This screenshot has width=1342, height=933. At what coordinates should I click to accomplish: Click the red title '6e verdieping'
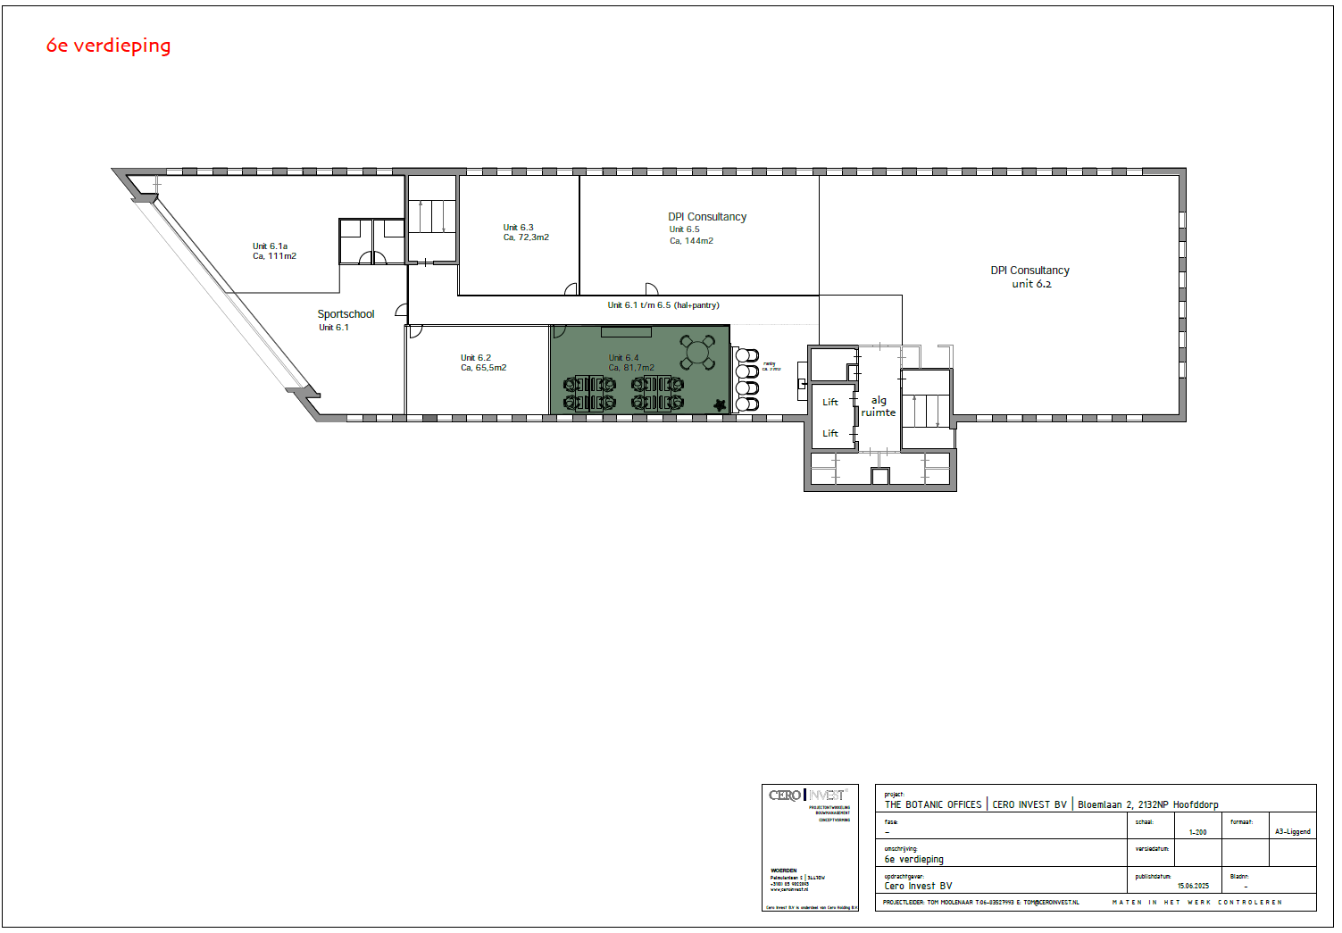(108, 46)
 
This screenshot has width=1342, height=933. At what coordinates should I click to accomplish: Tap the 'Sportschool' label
(346, 314)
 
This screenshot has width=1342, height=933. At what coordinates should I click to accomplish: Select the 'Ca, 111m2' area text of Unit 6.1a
(274, 256)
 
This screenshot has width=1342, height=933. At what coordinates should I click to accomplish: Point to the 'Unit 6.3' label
(518, 228)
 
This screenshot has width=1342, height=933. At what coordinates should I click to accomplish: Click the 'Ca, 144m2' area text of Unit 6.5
(691, 241)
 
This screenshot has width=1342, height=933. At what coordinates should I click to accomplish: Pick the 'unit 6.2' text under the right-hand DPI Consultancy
(1031, 284)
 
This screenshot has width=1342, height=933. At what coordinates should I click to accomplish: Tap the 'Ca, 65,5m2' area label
(483, 368)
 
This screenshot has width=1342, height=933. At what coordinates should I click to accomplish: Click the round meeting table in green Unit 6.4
(697, 351)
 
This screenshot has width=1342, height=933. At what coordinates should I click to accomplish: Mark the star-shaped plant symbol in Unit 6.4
(720, 405)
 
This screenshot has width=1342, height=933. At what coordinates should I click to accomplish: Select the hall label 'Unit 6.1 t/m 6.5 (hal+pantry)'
(663, 305)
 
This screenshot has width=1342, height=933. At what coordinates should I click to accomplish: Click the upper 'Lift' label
(830, 403)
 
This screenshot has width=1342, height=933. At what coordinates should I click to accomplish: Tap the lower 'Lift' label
(830, 434)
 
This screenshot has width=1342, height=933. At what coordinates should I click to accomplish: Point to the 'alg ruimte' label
(879, 406)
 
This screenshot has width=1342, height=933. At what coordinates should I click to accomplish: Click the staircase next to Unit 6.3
(432, 217)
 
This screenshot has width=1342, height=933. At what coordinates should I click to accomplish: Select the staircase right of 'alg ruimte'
(926, 410)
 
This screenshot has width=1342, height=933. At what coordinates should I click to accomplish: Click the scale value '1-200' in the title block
(1197, 832)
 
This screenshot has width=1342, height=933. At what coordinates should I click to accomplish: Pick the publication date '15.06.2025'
(1193, 887)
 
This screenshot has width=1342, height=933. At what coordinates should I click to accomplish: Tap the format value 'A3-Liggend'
(1292, 832)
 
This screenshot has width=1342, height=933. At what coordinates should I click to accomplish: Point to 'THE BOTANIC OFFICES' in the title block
(933, 804)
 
